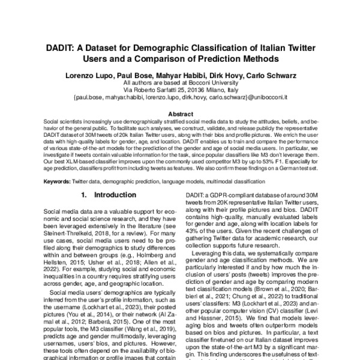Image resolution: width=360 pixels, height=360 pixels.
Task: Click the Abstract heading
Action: (180, 113)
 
